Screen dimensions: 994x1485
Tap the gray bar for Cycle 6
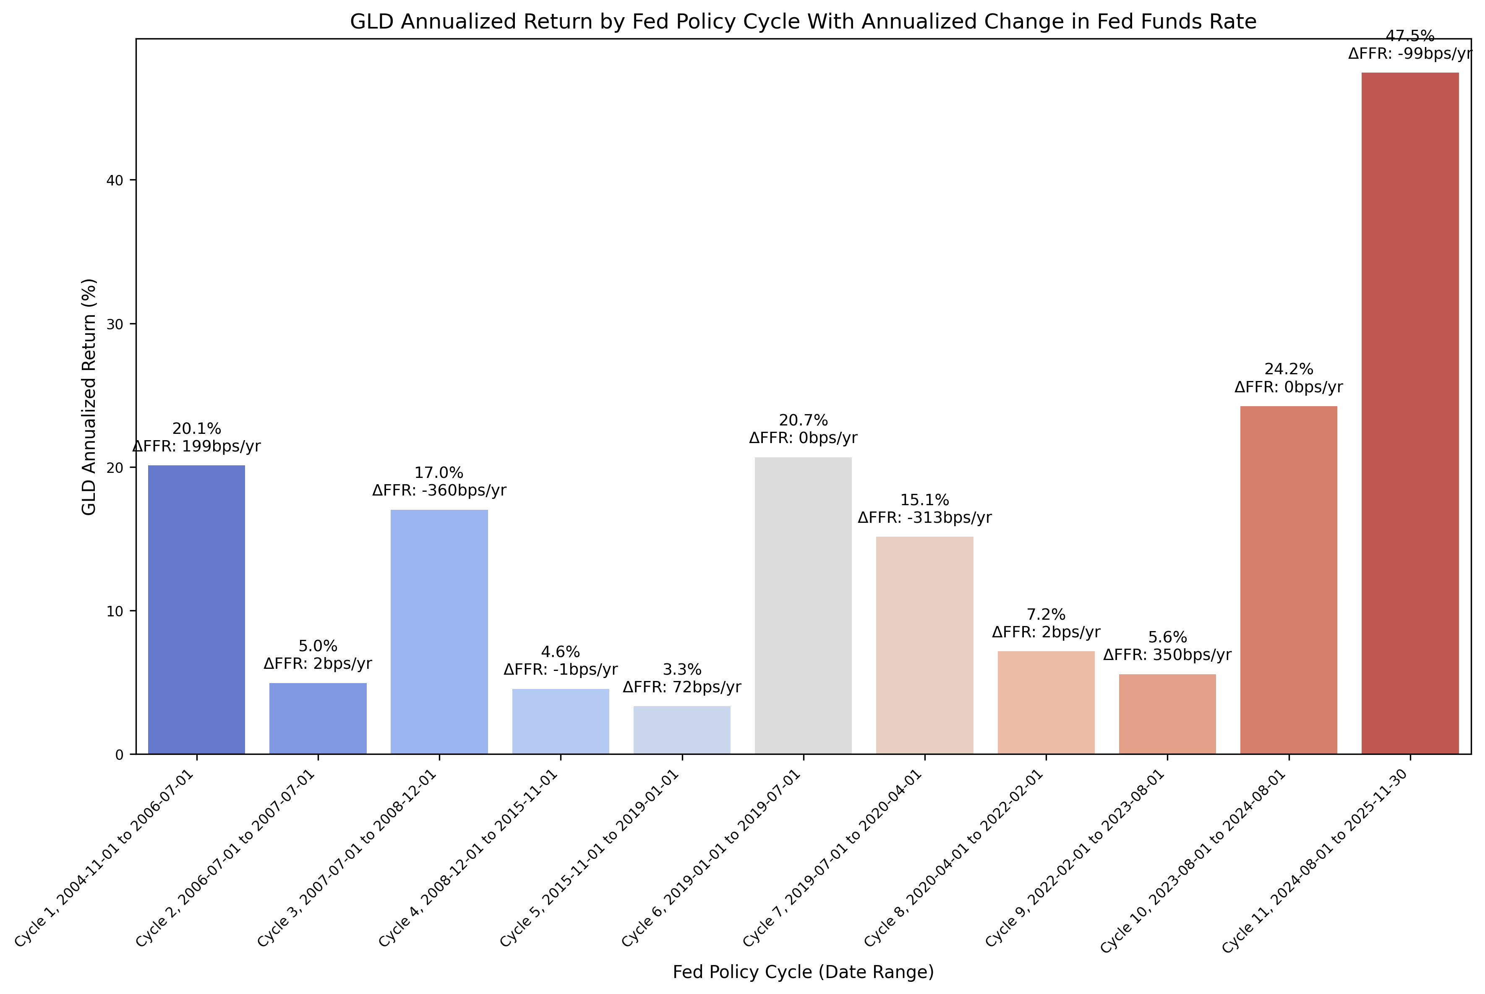pos(803,605)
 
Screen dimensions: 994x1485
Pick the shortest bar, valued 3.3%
pos(681,730)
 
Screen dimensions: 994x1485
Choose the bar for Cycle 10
pos(1289,580)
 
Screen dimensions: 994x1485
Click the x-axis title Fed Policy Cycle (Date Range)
pos(803,972)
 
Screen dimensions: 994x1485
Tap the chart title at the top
pos(803,21)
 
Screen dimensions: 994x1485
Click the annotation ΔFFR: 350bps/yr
pos(1167,655)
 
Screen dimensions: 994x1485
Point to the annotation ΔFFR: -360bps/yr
pos(439,490)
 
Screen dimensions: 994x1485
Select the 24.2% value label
pos(1289,369)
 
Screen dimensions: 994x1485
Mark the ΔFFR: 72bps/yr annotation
pos(681,687)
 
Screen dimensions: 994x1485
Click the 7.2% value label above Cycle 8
pos(1046,614)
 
